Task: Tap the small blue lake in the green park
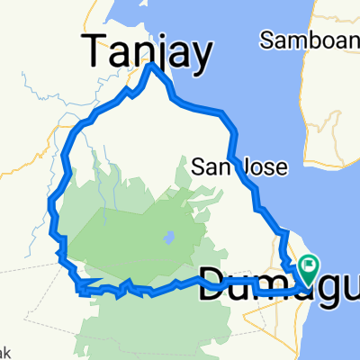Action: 167,239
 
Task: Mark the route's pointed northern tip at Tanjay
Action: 151,66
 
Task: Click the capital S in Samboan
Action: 265,40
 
